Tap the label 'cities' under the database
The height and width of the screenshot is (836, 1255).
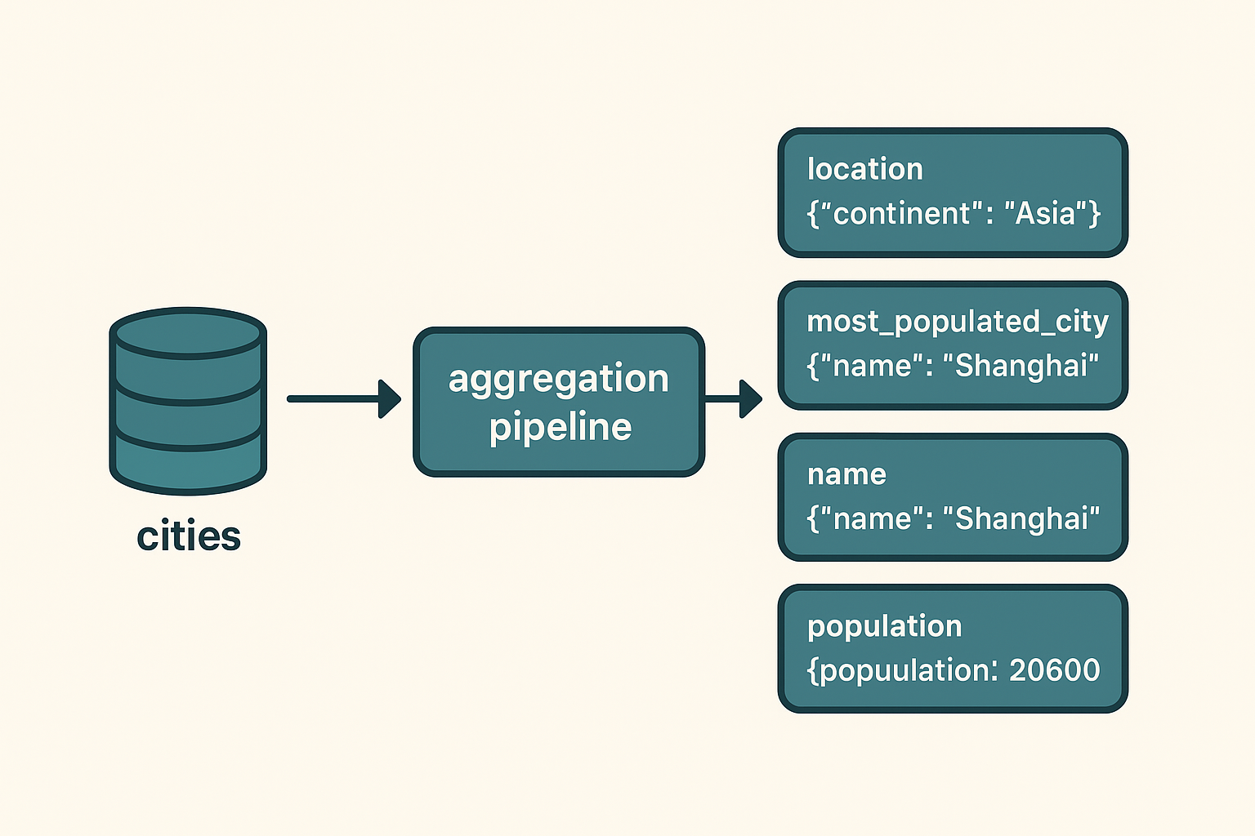pyautogui.click(x=189, y=536)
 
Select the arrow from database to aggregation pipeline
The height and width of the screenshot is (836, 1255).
pyautogui.click(x=343, y=398)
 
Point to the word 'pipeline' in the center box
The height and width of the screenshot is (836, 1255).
pyautogui.click(x=561, y=428)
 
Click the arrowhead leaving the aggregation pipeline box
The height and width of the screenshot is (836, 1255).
pyautogui.click(x=749, y=398)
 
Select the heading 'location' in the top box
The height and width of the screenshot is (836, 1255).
pyautogui.click(x=864, y=169)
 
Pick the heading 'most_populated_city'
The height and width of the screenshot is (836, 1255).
pyautogui.click(x=957, y=322)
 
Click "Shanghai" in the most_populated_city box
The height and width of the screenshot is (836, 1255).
pyautogui.click(x=1021, y=366)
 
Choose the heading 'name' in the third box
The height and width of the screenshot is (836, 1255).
pyautogui.click(x=846, y=474)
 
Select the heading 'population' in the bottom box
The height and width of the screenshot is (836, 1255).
pyautogui.click(x=884, y=626)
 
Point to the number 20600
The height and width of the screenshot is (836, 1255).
pyautogui.click(x=1054, y=670)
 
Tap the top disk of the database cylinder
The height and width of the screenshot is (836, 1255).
pyautogui.click(x=188, y=333)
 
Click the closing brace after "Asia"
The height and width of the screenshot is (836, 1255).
pyautogui.click(x=1094, y=214)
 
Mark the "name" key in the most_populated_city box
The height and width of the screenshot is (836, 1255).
pyautogui.click(x=871, y=366)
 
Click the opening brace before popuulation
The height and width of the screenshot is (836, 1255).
pyautogui.click(x=812, y=671)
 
